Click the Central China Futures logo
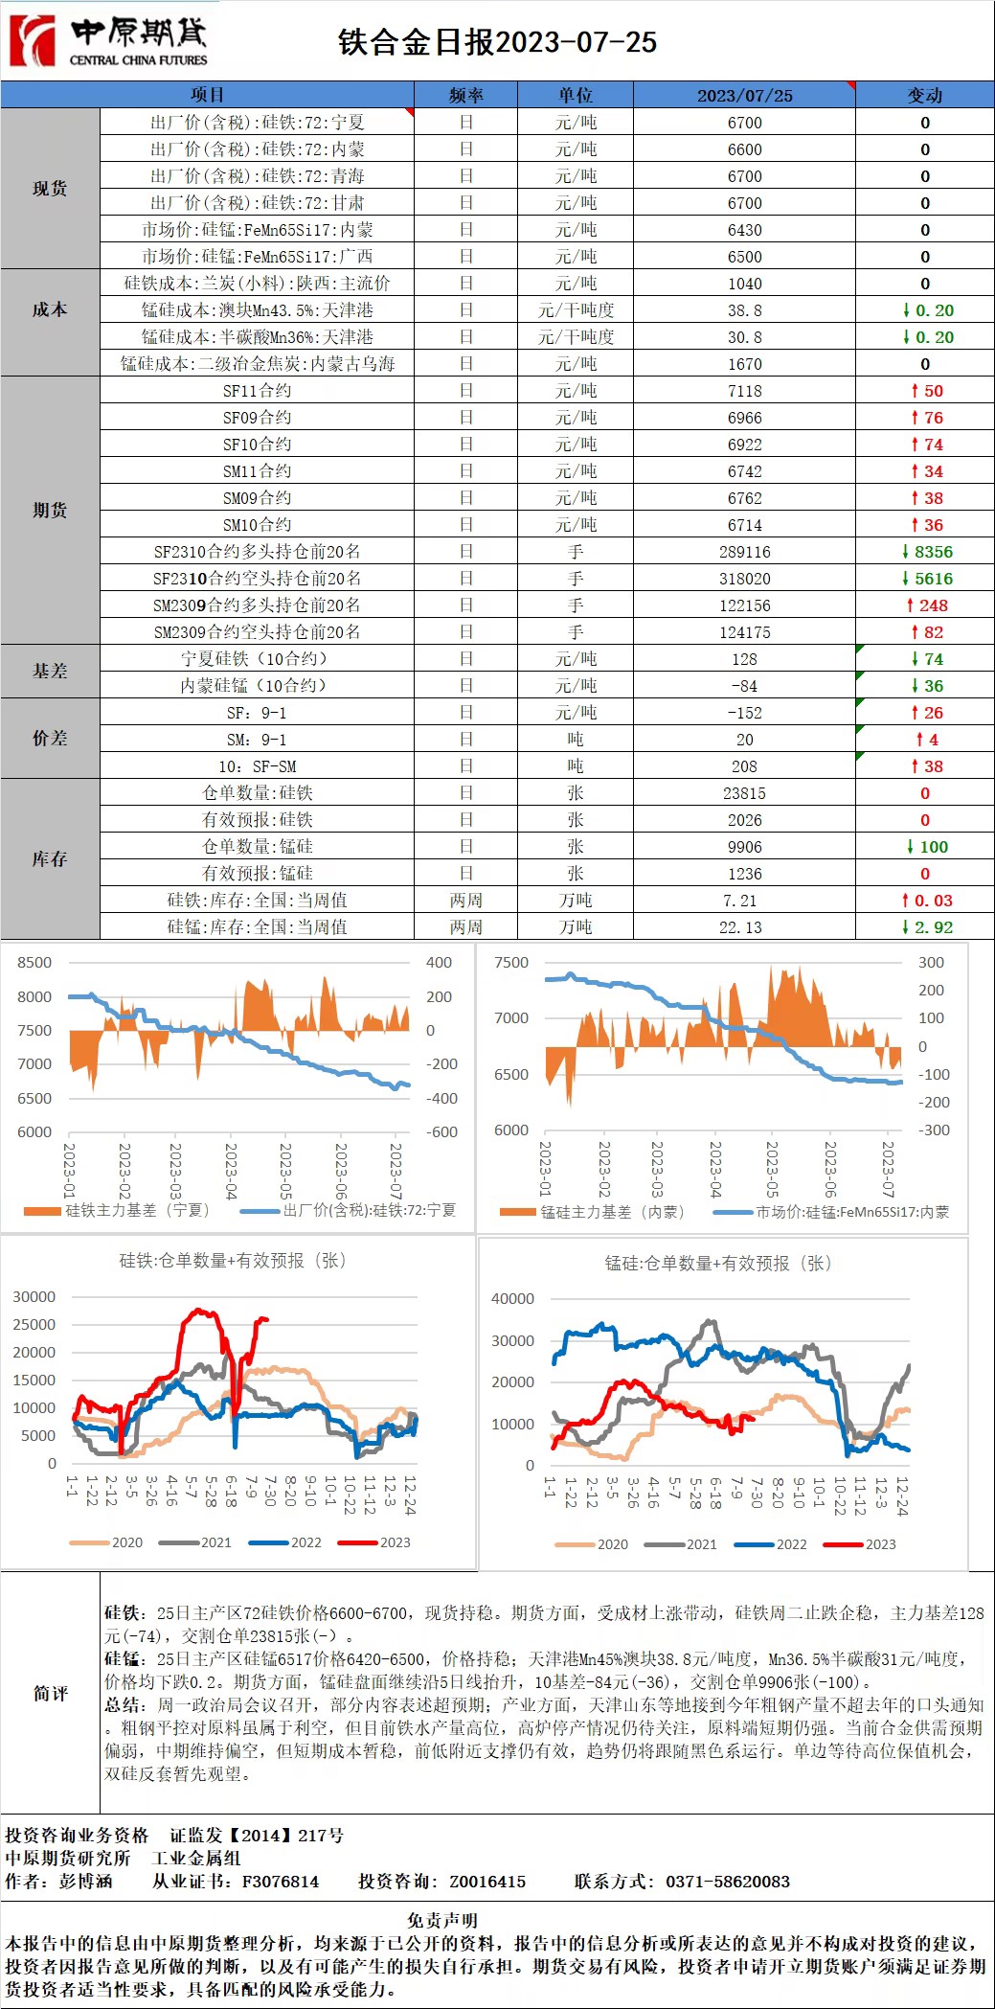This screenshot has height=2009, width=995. pos(108,41)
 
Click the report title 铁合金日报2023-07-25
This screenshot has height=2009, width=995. pos(497,42)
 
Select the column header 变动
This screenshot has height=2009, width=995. pos(924,95)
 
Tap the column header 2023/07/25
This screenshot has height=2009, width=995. pos(744,95)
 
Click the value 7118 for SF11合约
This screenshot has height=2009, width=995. pos(744,391)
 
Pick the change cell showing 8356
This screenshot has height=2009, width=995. pos(926,552)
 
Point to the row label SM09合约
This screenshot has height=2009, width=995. pos(257,498)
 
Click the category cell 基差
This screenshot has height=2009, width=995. pos(50,671)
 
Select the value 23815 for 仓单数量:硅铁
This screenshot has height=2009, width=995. pos(744,793)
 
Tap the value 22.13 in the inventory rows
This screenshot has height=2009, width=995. pos(740,927)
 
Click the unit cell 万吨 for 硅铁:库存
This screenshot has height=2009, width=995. pos(575,901)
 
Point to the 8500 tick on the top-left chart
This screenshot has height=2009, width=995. pos(34,963)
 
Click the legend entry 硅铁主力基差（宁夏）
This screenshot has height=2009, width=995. pos(117,1210)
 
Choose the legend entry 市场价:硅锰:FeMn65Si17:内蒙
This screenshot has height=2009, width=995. pos(831,1212)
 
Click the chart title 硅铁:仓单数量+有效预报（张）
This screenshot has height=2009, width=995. pos(232,1261)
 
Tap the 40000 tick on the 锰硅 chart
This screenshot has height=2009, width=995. pos(512,1299)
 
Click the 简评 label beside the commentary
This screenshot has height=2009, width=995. pos(51,1694)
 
